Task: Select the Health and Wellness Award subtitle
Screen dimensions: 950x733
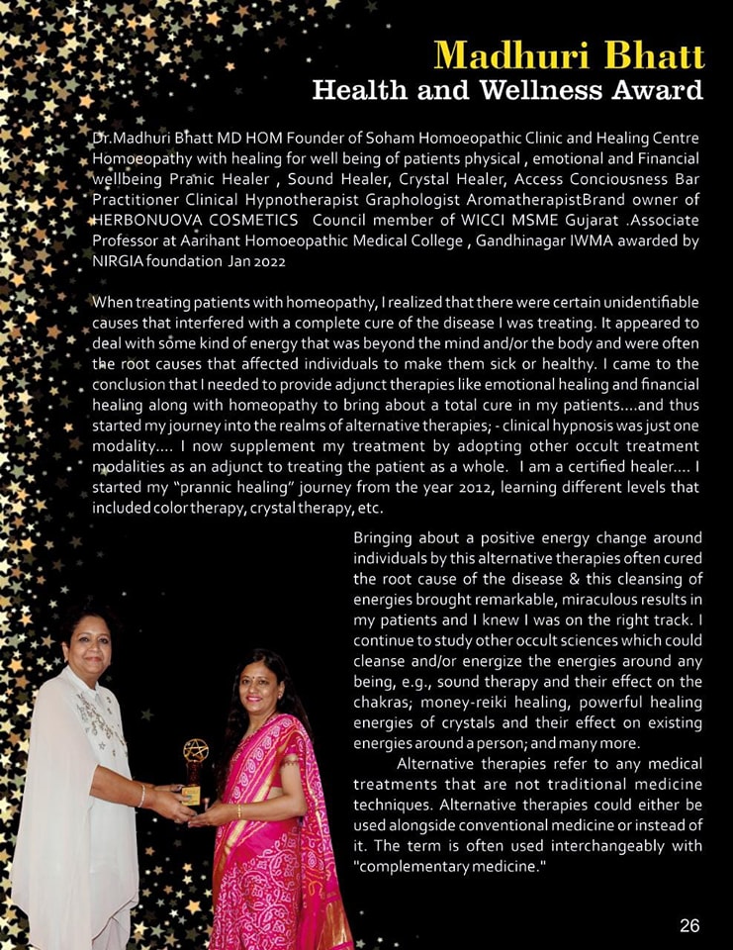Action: (507, 91)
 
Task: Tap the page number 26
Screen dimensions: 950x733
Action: (689, 925)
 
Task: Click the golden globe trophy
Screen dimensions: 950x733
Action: (195, 760)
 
